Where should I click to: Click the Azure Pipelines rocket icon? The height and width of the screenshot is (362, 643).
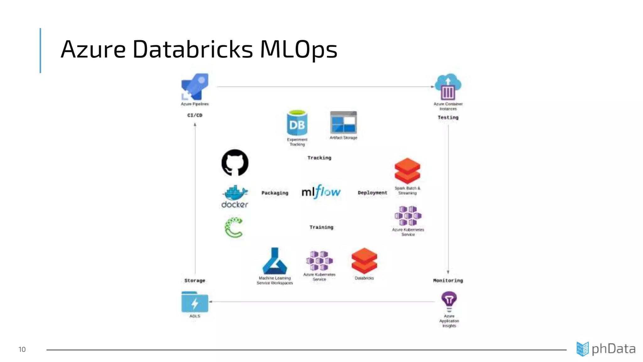click(195, 87)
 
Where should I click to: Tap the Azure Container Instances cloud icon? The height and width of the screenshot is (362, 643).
click(448, 87)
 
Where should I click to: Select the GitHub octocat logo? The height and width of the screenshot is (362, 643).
click(235, 162)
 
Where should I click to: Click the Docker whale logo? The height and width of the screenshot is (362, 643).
click(235, 193)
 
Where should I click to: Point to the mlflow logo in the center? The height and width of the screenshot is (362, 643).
click(321, 192)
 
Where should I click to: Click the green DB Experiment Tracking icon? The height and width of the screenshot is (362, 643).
click(297, 123)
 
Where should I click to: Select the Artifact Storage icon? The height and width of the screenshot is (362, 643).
click(343, 122)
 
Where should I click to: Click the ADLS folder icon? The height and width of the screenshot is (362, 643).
click(195, 302)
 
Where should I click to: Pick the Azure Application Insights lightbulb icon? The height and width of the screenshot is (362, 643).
click(449, 300)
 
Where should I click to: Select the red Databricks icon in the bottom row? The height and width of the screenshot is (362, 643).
click(364, 261)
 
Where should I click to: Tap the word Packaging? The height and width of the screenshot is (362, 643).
click(275, 193)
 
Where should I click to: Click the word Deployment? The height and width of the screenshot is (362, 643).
click(372, 193)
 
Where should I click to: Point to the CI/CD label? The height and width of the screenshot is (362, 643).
click(195, 115)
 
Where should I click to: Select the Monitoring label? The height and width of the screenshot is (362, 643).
click(448, 281)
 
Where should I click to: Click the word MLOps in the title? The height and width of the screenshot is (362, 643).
click(298, 49)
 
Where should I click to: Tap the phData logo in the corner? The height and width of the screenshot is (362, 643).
click(606, 349)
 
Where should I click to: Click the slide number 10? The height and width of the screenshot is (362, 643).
click(22, 349)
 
